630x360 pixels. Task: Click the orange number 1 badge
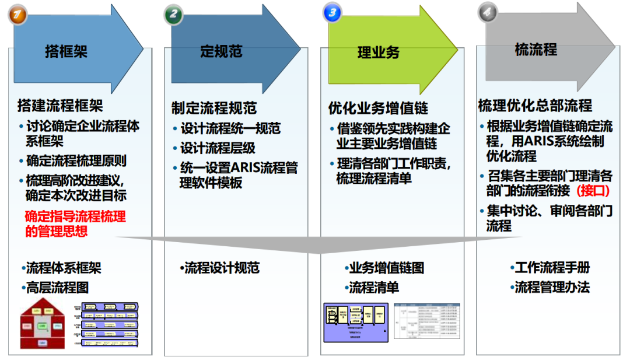(x=18, y=13)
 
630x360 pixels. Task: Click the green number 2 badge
(x=173, y=13)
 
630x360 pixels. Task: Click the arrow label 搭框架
(x=66, y=51)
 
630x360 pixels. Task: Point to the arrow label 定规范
(x=221, y=51)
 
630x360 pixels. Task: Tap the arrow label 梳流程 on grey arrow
(x=535, y=50)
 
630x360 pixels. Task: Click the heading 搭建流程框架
(x=60, y=106)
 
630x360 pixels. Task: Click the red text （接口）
(x=593, y=190)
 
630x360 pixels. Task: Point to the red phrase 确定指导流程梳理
(x=75, y=216)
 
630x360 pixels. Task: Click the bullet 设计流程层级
(x=218, y=148)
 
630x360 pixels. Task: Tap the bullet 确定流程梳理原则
(x=76, y=161)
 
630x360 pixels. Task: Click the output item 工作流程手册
(x=551, y=268)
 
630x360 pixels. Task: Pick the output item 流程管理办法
(x=551, y=287)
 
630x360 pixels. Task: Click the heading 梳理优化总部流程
(x=535, y=106)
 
